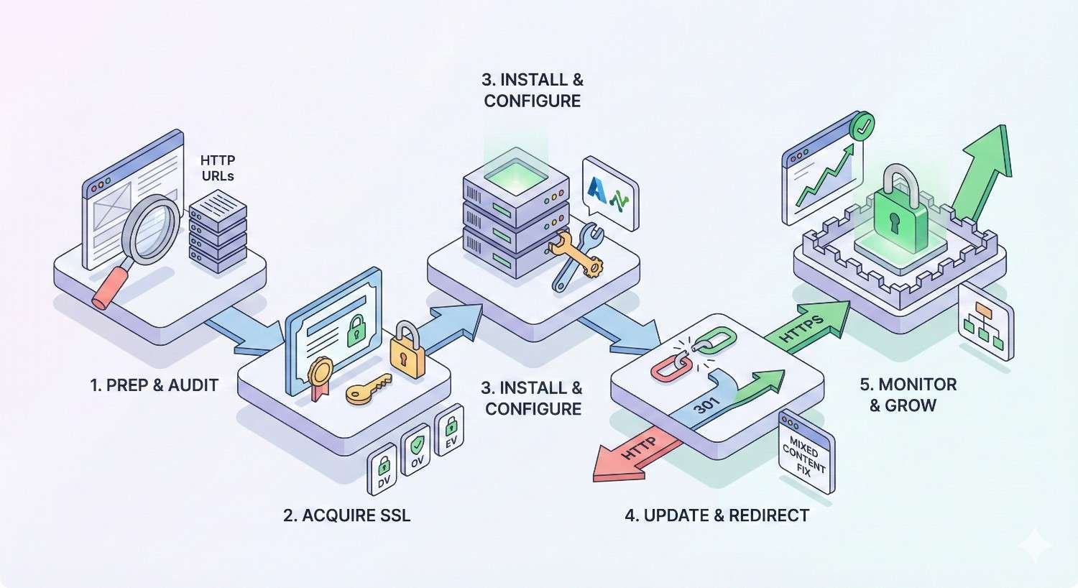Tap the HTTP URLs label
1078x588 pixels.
click(218, 167)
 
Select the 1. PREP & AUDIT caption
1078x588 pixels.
click(154, 385)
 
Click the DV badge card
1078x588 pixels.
click(383, 471)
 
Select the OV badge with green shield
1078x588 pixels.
click(417, 451)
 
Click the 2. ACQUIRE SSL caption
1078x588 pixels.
click(346, 515)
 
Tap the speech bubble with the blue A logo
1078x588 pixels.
click(610, 193)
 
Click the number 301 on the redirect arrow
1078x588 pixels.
click(707, 406)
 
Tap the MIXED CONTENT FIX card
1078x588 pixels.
click(806, 453)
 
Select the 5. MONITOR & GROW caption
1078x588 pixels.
click(908, 395)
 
